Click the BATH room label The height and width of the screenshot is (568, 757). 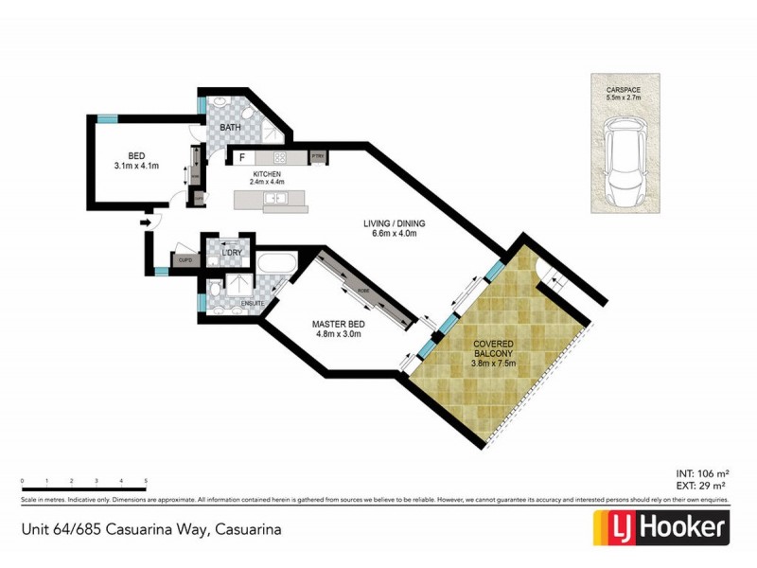pos(231,127)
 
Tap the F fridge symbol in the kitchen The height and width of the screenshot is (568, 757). pos(242,157)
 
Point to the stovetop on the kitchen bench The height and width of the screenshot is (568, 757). pos(280,157)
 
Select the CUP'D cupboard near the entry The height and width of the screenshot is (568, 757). pos(185,259)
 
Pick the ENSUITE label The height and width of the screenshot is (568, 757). pos(253,303)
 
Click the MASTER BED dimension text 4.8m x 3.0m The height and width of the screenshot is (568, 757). pos(338,333)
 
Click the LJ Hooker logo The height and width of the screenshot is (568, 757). pos(660,527)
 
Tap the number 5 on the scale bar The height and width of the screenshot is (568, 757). pos(146,482)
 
